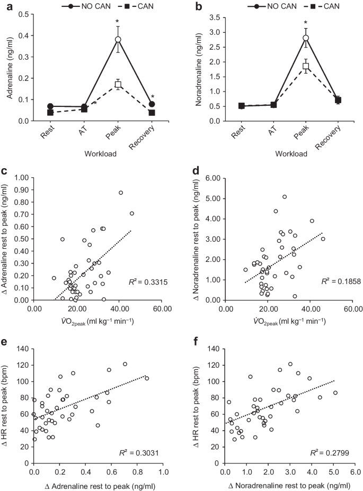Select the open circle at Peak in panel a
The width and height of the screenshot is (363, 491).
point(118,40)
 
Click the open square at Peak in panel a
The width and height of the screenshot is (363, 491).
point(118,85)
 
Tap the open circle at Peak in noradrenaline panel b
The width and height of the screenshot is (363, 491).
point(306,38)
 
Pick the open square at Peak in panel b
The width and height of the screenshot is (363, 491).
point(306,66)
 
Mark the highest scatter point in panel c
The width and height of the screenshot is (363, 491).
point(121,193)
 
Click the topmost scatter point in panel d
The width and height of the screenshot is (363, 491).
point(285,197)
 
